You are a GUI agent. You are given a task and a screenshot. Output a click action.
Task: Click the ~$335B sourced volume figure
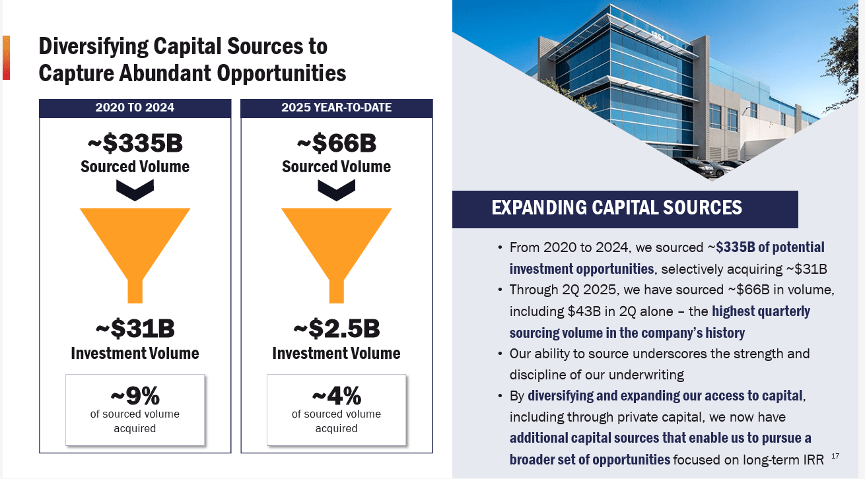pyautogui.click(x=135, y=143)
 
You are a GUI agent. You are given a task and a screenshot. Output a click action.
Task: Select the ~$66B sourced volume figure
pyautogui.click(x=336, y=143)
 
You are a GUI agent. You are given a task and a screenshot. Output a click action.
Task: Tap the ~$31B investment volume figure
pyautogui.click(x=135, y=328)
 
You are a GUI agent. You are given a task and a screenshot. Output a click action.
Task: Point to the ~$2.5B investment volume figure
pyautogui.click(x=336, y=328)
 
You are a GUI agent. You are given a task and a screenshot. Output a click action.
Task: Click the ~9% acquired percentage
pyautogui.click(x=135, y=396)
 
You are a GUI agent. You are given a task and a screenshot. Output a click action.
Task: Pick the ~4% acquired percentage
pyautogui.click(x=336, y=396)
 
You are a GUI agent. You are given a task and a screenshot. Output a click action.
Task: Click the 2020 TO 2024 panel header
pyautogui.click(x=135, y=108)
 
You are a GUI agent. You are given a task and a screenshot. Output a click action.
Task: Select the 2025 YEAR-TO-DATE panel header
pyautogui.click(x=336, y=108)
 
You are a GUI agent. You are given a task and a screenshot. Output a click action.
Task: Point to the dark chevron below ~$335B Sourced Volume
pyautogui.click(x=135, y=190)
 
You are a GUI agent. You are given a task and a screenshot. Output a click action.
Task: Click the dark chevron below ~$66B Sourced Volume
pyautogui.click(x=336, y=190)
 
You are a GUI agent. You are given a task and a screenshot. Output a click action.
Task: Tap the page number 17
pyautogui.click(x=835, y=456)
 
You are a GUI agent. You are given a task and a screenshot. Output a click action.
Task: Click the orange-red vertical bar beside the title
pyautogui.click(x=6, y=57)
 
